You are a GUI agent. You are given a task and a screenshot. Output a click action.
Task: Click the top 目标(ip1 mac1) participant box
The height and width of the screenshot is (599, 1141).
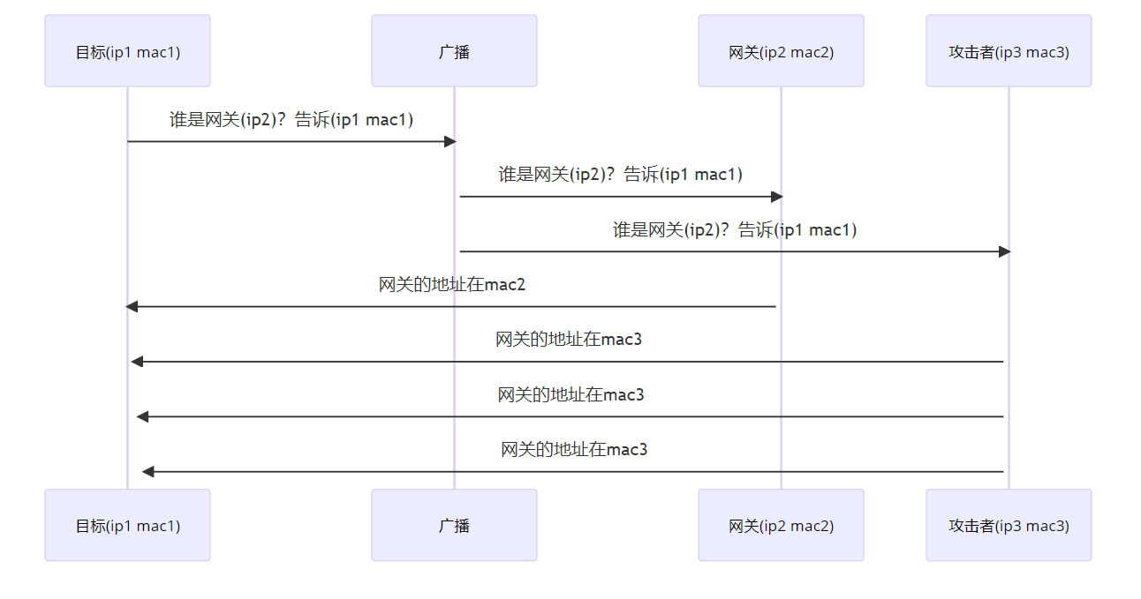(x=127, y=51)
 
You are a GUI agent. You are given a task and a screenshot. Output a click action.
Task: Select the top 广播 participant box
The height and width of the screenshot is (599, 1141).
(x=454, y=51)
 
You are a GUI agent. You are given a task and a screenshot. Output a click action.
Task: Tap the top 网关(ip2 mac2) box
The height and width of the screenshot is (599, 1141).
(x=781, y=51)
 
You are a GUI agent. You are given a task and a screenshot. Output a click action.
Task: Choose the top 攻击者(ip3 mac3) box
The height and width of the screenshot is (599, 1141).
(x=1009, y=51)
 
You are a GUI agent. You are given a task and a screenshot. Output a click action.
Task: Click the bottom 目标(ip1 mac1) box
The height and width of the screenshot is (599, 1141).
(x=127, y=526)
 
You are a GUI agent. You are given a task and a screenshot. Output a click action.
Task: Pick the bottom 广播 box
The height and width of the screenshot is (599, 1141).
(x=454, y=526)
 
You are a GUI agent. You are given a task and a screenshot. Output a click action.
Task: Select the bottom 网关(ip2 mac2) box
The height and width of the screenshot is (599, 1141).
(x=781, y=526)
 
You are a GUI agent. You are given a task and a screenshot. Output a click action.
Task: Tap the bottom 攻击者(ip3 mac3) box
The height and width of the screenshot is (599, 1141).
(x=1009, y=526)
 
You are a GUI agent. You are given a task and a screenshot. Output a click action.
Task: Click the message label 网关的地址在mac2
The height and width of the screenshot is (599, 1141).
(x=452, y=284)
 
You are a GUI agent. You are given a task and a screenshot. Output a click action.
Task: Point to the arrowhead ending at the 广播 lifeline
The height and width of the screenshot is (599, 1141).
(x=450, y=141)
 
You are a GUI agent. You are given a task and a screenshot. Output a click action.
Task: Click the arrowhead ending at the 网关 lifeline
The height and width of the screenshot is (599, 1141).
(x=776, y=197)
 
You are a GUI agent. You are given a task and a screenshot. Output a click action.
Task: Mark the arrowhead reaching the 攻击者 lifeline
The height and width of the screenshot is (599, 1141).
(x=1004, y=251)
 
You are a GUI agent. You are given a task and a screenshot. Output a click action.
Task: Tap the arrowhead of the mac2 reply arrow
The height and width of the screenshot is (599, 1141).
(x=132, y=306)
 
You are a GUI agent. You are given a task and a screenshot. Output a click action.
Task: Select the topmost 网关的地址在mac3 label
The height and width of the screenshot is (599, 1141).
(x=569, y=339)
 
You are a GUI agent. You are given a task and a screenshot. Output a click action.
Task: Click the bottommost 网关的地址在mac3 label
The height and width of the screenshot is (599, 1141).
(x=574, y=449)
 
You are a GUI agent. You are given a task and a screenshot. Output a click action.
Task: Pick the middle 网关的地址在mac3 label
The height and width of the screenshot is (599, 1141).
(x=570, y=394)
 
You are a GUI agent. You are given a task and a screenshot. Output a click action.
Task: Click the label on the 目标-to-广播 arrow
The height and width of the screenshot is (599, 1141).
(x=291, y=119)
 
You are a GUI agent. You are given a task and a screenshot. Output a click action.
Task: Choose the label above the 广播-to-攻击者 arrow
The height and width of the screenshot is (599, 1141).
(x=735, y=229)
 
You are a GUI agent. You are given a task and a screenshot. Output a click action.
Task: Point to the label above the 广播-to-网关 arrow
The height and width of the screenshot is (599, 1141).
(x=620, y=174)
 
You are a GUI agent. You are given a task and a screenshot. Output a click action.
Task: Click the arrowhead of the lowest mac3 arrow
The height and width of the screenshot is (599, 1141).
(x=148, y=472)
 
